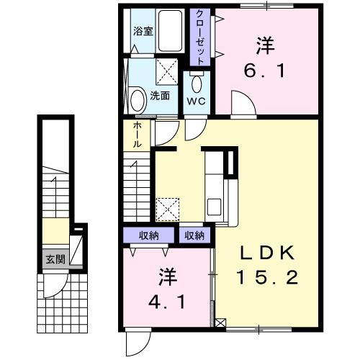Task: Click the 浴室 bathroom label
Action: pos(143,32)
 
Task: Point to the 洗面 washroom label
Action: pos(160,96)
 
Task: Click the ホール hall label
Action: pos(136,135)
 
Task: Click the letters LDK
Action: pos(267,253)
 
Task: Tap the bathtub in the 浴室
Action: pos(171,32)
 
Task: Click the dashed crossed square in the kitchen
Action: pos(167,210)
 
